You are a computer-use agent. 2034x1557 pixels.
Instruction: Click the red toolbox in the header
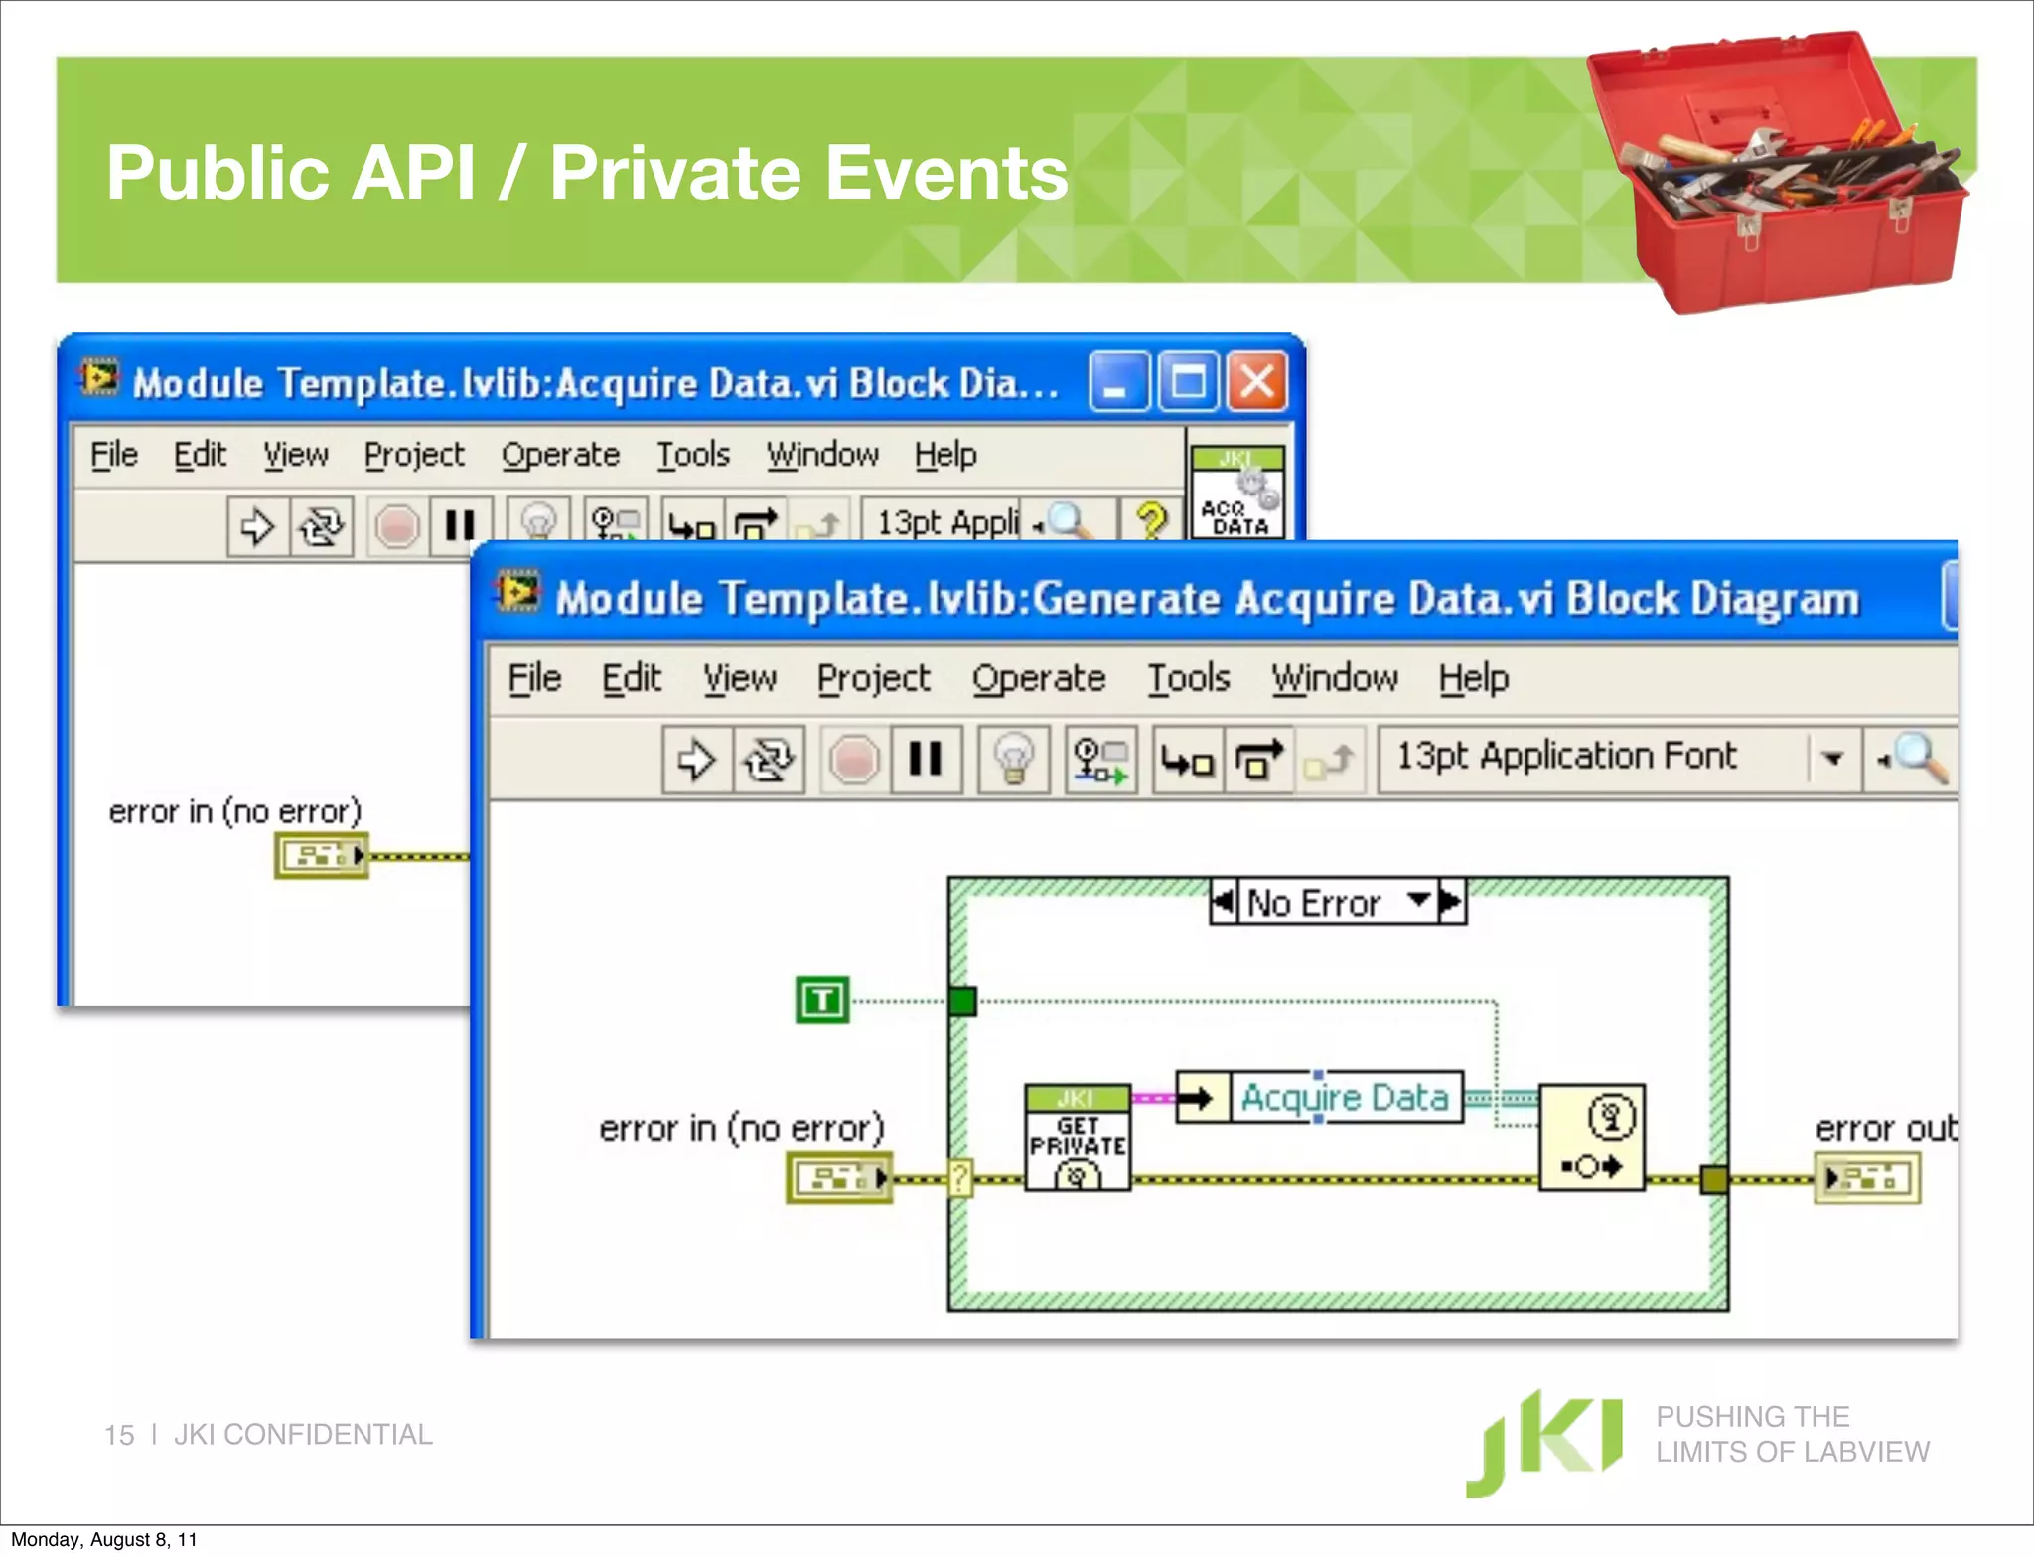tap(1778, 174)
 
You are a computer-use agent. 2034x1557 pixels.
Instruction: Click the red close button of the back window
tap(1256, 381)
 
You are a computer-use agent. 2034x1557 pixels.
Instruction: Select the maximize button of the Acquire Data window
tap(1188, 381)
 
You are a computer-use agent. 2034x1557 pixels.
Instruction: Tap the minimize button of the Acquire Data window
tap(1118, 381)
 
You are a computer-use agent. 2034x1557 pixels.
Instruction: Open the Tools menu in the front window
tap(1189, 678)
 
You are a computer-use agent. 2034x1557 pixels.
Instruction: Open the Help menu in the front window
tap(1474, 678)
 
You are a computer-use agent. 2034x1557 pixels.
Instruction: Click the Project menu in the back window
tap(413, 455)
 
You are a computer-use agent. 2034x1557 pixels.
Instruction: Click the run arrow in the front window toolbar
tap(696, 761)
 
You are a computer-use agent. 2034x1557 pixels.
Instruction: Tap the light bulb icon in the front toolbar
tap(1013, 761)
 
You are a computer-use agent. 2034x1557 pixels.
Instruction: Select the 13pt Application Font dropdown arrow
tap(1833, 759)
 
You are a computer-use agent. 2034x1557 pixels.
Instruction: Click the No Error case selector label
tap(1314, 903)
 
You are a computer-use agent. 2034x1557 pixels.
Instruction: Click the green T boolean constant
tap(822, 1000)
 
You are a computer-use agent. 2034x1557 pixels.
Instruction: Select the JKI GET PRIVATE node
tap(1078, 1138)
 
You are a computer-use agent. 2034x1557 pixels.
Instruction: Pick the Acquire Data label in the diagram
tap(1345, 1098)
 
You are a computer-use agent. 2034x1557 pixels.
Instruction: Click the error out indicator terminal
tap(1866, 1179)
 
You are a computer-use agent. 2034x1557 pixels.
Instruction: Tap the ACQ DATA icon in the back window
tap(1237, 494)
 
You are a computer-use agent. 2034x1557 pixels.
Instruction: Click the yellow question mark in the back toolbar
tap(1151, 520)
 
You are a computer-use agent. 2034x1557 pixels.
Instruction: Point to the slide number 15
tap(119, 1435)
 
